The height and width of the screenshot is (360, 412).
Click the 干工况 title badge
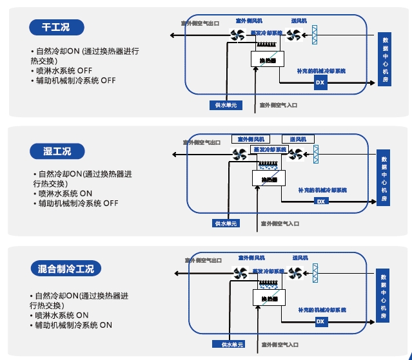57,28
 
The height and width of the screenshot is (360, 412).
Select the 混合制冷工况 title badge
66,268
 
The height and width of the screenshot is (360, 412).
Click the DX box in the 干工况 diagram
320,83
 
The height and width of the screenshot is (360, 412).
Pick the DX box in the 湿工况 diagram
320,202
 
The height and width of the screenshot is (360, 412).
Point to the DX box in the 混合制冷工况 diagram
320,321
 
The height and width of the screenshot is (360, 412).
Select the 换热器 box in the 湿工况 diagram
268,178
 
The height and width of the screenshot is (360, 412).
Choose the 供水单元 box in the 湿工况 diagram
226,223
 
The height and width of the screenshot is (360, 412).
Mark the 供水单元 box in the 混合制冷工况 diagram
233,345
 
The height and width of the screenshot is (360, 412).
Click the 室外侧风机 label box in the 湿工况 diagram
248,139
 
